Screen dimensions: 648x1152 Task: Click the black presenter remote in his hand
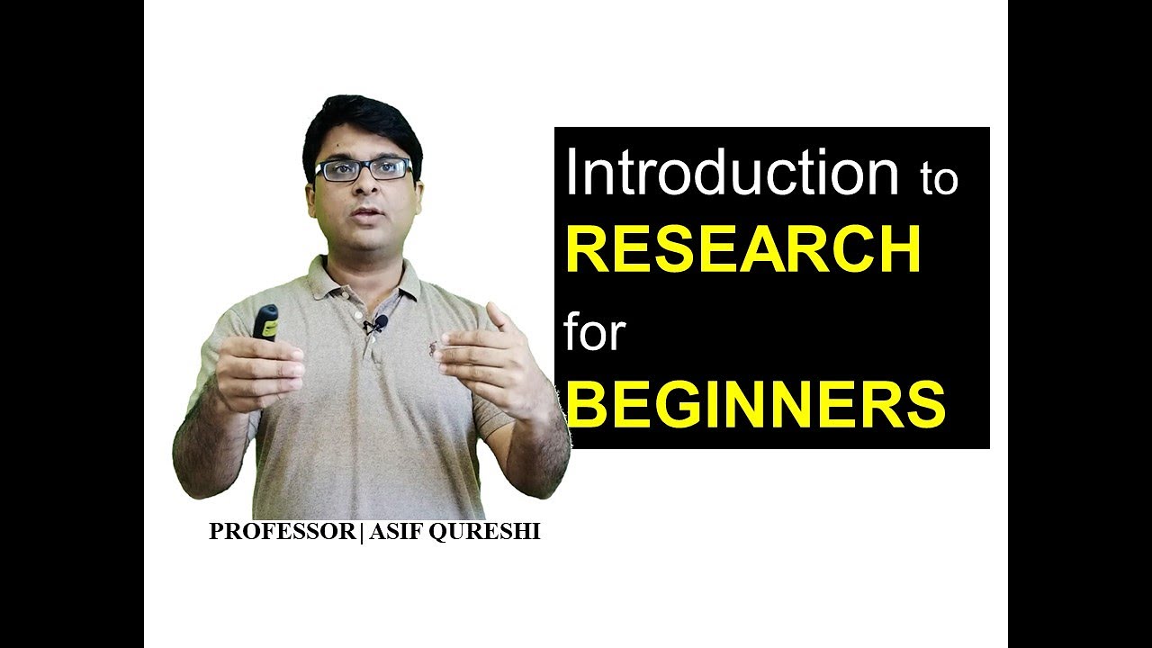[x=265, y=322]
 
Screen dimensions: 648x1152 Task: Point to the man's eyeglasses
[x=363, y=169]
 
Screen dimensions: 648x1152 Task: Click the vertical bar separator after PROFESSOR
[x=361, y=532]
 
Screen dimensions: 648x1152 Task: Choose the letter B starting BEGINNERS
[x=585, y=405]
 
